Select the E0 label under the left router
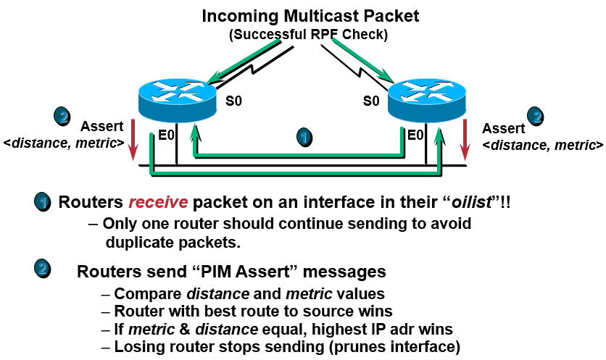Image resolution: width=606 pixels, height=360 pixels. coord(167,134)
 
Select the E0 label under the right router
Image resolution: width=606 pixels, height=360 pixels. coord(415,134)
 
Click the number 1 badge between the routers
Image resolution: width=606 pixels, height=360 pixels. coord(306,136)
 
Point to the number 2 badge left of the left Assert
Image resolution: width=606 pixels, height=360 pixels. coord(63,115)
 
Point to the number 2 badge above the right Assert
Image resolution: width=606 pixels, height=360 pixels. coord(536,115)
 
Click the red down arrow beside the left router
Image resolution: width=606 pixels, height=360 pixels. coord(133,143)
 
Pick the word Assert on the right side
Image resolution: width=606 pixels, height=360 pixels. coord(503,128)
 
